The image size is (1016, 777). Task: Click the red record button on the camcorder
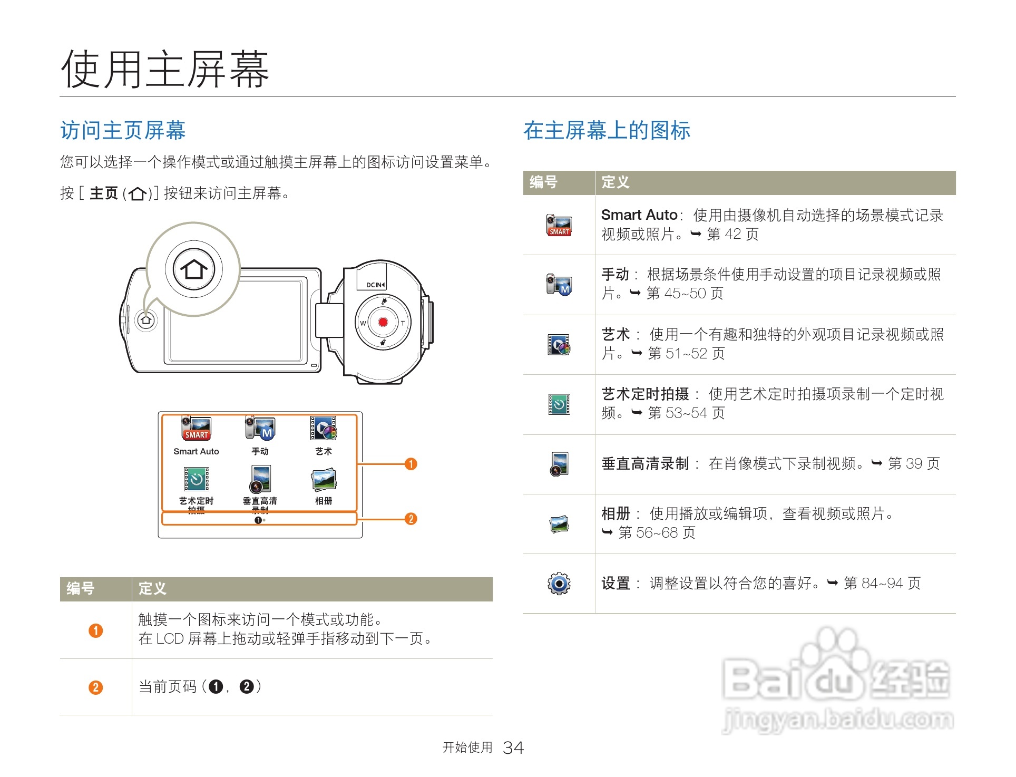[x=383, y=322]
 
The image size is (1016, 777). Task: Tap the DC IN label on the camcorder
[x=375, y=285]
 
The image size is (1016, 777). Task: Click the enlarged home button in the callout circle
[x=194, y=269]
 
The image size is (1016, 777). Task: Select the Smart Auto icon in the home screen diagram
[x=196, y=428]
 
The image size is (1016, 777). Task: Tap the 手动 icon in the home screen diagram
[x=260, y=428]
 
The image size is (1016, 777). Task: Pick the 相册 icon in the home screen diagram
[x=324, y=479]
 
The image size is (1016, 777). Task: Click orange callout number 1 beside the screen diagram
[x=411, y=464]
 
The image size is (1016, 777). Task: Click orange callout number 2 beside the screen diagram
[x=411, y=519]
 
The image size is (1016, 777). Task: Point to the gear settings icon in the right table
[x=559, y=584]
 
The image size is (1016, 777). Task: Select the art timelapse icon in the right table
[x=559, y=404]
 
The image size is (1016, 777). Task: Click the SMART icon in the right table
[x=559, y=225]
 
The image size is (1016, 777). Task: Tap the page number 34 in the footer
[x=513, y=747]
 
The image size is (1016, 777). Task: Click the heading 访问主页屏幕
[x=123, y=130]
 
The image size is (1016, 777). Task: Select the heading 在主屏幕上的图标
[x=607, y=130]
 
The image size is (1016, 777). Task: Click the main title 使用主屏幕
[x=165, y=70]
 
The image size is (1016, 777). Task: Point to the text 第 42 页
[x=732, y=234]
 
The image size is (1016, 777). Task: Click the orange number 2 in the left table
[x=95, y=687]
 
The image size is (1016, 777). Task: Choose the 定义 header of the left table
[x=152, y=589]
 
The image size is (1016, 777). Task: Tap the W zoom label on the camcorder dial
[x=363, y=323]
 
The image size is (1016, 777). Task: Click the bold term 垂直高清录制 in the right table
[x=645, y=464]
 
